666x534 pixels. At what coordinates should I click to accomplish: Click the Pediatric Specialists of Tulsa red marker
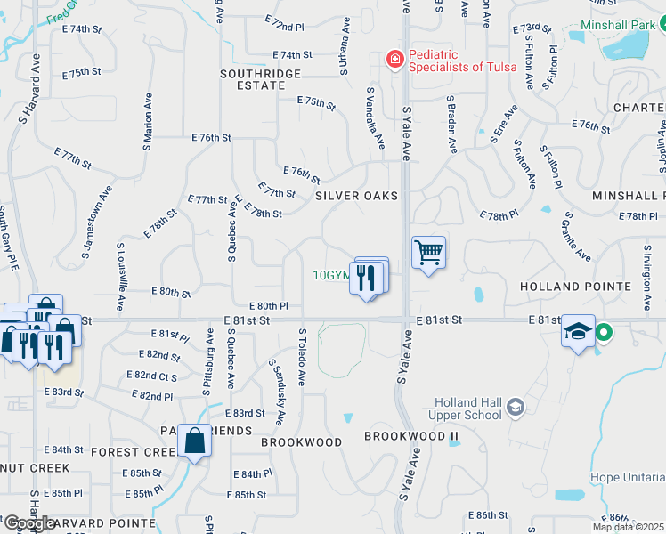click(x=394, y=60)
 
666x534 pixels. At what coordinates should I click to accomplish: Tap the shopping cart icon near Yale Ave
click(x=428, y=253)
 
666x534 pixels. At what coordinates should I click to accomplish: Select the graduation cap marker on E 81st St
click(x=578, y=333)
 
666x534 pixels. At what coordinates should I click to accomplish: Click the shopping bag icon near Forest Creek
click(x=193, y=441)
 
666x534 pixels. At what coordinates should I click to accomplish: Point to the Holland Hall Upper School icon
click(x=515, y=408)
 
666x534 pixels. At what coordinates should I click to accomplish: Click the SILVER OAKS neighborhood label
click(x=355, y=195)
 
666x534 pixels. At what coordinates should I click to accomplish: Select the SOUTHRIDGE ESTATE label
click(x=254, y=77)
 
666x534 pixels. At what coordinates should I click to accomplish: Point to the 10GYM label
click(x=332, y=276)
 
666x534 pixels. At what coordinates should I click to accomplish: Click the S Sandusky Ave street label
click(x=277, y=392)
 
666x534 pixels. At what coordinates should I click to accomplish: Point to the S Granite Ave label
click(x=578, y=236)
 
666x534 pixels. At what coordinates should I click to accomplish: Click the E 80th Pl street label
click(x=269, y=305)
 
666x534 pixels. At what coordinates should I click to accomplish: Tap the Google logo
click(x=28, y=523)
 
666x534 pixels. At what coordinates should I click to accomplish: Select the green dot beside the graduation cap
click(x=604, y=334)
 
